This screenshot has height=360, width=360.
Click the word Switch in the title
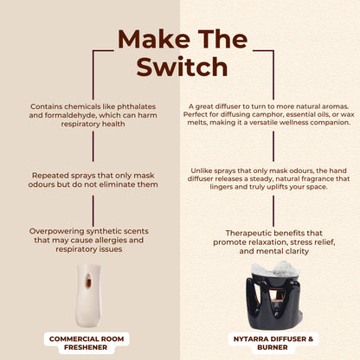[180, 67]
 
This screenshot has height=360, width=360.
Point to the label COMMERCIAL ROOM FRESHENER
[88, 342]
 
